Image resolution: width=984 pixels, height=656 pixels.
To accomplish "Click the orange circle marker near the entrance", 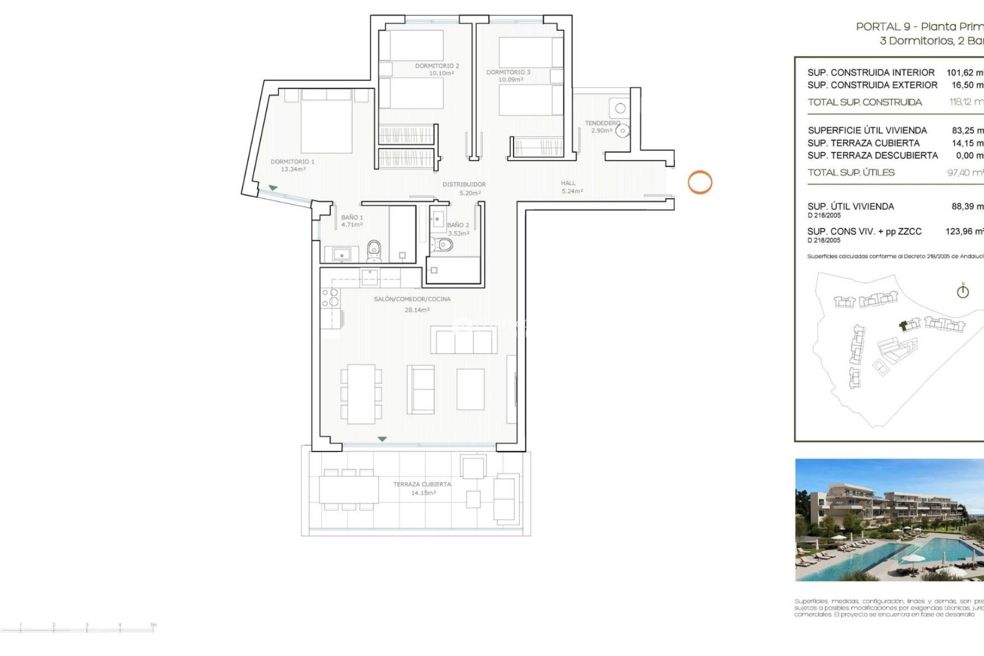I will [x=700, y=182].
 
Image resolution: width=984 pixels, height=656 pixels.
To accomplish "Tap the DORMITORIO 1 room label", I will [x=293, y=162].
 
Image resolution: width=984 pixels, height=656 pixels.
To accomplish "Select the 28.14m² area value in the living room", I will [x=417, y=310].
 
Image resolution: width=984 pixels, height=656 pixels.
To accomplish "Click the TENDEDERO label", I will [x=602, y=123].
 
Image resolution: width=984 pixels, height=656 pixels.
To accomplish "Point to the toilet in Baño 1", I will [x=374, y=251].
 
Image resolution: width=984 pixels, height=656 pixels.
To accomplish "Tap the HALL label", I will [x=568, y=183].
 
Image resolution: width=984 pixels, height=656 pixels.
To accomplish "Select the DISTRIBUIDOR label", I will [x=464, y=184].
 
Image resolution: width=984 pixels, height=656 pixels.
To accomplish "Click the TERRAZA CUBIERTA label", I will [x=422, y=484].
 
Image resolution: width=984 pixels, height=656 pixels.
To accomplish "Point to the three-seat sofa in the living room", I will [x=463, y=340].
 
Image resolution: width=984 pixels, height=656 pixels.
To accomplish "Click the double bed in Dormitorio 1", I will [x=326, y=122].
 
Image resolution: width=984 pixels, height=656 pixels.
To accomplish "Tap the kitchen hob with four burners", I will [x=330, y=298].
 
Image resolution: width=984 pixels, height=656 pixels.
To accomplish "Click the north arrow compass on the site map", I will [x=962, y=292].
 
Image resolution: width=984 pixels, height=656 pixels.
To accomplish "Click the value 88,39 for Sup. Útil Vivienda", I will [x=966, y=207].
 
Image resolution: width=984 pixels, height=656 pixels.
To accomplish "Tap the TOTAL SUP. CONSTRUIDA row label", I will [x=865, y=102].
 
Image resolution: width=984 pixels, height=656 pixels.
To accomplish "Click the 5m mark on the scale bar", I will [x=153, y=626].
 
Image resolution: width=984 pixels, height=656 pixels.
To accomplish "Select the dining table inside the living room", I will [x=361, y=394].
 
